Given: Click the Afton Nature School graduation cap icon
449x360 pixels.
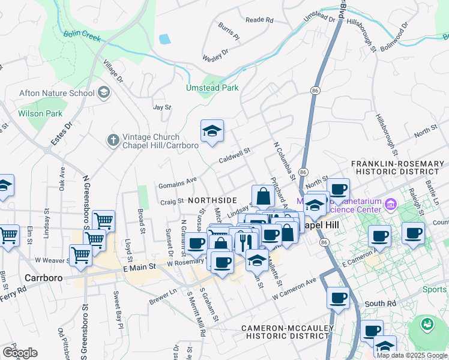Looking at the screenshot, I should point(104,92).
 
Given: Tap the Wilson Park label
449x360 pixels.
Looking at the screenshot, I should point(40,113).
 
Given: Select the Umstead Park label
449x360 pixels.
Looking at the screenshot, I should point(212,88).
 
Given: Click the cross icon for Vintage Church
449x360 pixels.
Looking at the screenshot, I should point(113,140).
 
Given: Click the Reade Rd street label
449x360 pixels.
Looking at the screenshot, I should point(259,20).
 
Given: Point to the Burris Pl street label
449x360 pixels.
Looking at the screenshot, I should point(229,32).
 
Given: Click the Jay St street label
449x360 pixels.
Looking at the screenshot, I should point(162,107).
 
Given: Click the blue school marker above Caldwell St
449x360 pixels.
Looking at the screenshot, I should point(212,131).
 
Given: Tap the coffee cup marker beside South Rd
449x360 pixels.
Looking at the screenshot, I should point(338,297).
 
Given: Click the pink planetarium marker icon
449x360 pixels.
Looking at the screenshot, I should point(392,205).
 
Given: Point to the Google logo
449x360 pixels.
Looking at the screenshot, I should point(20,352).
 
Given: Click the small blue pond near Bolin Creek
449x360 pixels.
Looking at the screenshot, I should point(164,39).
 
